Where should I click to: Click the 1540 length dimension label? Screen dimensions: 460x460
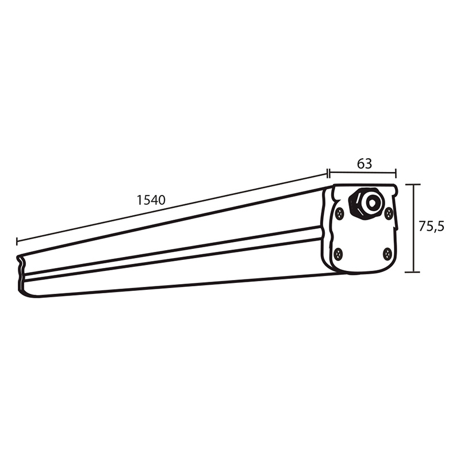[151, 200]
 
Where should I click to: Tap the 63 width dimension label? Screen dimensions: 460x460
[365, 164]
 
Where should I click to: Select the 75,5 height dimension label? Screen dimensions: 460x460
[431, 227]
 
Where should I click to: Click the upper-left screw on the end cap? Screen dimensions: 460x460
[340, 213]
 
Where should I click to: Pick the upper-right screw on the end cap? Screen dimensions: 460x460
[389, 213]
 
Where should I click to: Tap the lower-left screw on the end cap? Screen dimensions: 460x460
[339, 254]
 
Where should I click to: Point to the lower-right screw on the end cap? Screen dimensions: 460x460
[388, 253]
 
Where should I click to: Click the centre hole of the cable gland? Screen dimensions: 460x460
[372, 202]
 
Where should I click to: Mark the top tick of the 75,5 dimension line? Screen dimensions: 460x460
[413, 185]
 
